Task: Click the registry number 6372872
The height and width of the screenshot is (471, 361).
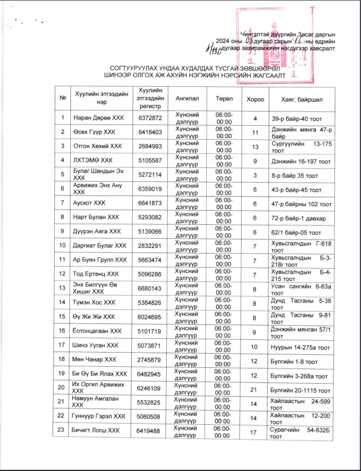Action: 150,118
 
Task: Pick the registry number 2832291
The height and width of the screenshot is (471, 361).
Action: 150,245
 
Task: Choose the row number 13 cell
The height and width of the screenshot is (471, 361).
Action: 63,288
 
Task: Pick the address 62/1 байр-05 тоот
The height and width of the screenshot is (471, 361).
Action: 294,231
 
